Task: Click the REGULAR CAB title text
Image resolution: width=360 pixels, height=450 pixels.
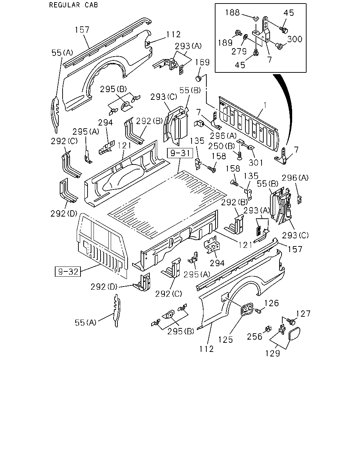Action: point(73,5)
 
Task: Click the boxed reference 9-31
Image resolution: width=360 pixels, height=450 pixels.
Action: point(180,153)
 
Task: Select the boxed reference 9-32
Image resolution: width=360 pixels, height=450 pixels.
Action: point(68,272)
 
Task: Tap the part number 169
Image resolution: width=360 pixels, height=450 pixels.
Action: point(202,62)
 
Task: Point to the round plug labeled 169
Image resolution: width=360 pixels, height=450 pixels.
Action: point(198,79)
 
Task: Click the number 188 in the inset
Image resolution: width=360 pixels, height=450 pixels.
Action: point(232,13)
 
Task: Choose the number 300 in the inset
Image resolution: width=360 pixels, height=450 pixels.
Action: point(295,39)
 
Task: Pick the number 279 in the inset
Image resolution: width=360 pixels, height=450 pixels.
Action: point(239,51)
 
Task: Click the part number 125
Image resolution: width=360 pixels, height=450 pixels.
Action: point(225,340)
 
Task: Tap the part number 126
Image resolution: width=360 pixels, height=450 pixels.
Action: point(271,303)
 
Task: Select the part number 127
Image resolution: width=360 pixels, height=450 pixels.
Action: point(303,314)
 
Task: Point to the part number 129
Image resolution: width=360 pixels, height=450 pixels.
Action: point(272,353)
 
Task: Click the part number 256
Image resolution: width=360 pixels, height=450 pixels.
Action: point(255,337)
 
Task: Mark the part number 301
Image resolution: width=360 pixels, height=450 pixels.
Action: point(256,162)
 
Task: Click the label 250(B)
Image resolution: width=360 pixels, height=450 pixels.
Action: point(222,146)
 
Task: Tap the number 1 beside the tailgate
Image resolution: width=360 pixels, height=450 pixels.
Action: point(265,105)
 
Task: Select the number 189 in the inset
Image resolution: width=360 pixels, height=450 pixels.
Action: point(225,43)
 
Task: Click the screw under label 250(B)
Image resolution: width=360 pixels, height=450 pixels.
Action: point(240,155)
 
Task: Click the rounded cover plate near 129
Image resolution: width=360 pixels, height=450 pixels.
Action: point(294,334)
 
